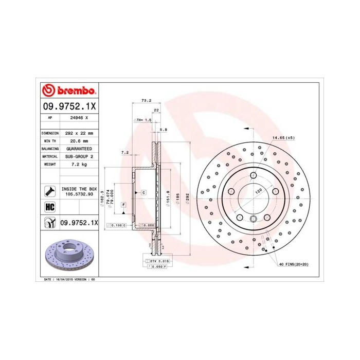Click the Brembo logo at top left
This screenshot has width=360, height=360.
coord(68,91)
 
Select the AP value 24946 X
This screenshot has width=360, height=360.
coord(79,117)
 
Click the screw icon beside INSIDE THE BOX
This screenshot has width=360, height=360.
coord(49,191)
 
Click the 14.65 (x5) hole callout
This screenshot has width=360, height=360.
coord(284,138)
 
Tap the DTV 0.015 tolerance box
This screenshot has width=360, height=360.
coord(160,262)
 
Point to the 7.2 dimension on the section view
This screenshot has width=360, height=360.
coord(124,152)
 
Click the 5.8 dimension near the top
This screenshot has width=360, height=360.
coord(164,129)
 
